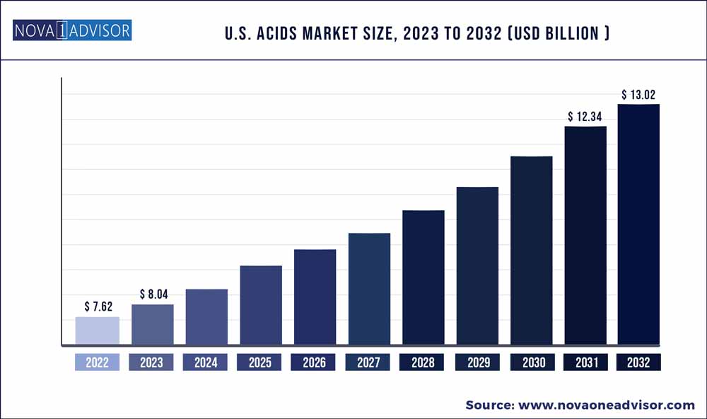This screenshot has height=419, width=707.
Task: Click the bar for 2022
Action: (x=98, y=331)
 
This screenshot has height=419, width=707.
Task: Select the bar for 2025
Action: (x=261, y=305)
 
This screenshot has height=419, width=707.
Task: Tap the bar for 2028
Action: (x=423, y=277)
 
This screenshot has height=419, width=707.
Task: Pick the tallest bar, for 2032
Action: (x=638, y=224)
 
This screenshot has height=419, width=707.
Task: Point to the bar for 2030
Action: (x=531, y=251)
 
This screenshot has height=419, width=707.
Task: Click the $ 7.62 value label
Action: (x=98, y=306)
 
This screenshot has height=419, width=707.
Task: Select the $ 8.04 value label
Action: (x=152, y=294)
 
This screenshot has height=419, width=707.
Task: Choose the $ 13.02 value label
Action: (x=639, y=94)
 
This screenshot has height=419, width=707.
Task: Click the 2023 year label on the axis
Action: (x=151, y=362)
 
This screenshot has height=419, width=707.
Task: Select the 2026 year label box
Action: (x=314, y=362)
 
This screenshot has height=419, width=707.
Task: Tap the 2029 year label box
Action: (x=477, y=362)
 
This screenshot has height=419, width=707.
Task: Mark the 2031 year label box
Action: (x=585, y=362)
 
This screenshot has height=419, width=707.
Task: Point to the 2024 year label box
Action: (x=206, y=362)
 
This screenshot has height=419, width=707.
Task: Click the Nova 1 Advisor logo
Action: (x=71, y=31)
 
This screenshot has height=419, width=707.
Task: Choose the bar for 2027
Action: (x=369, y=289)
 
